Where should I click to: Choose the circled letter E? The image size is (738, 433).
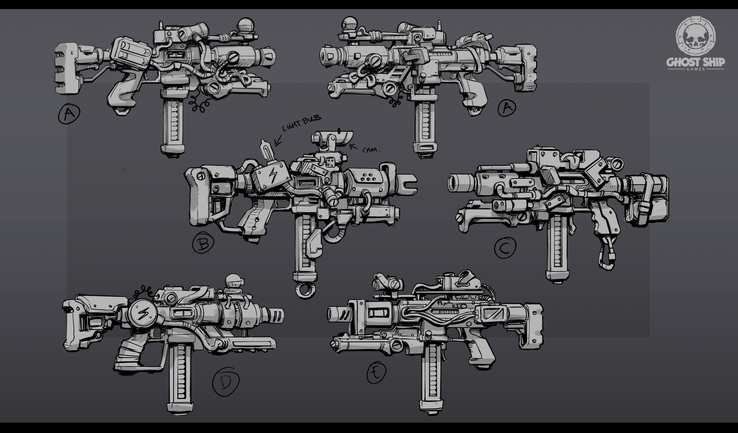376,373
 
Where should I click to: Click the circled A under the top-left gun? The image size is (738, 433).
69,113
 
